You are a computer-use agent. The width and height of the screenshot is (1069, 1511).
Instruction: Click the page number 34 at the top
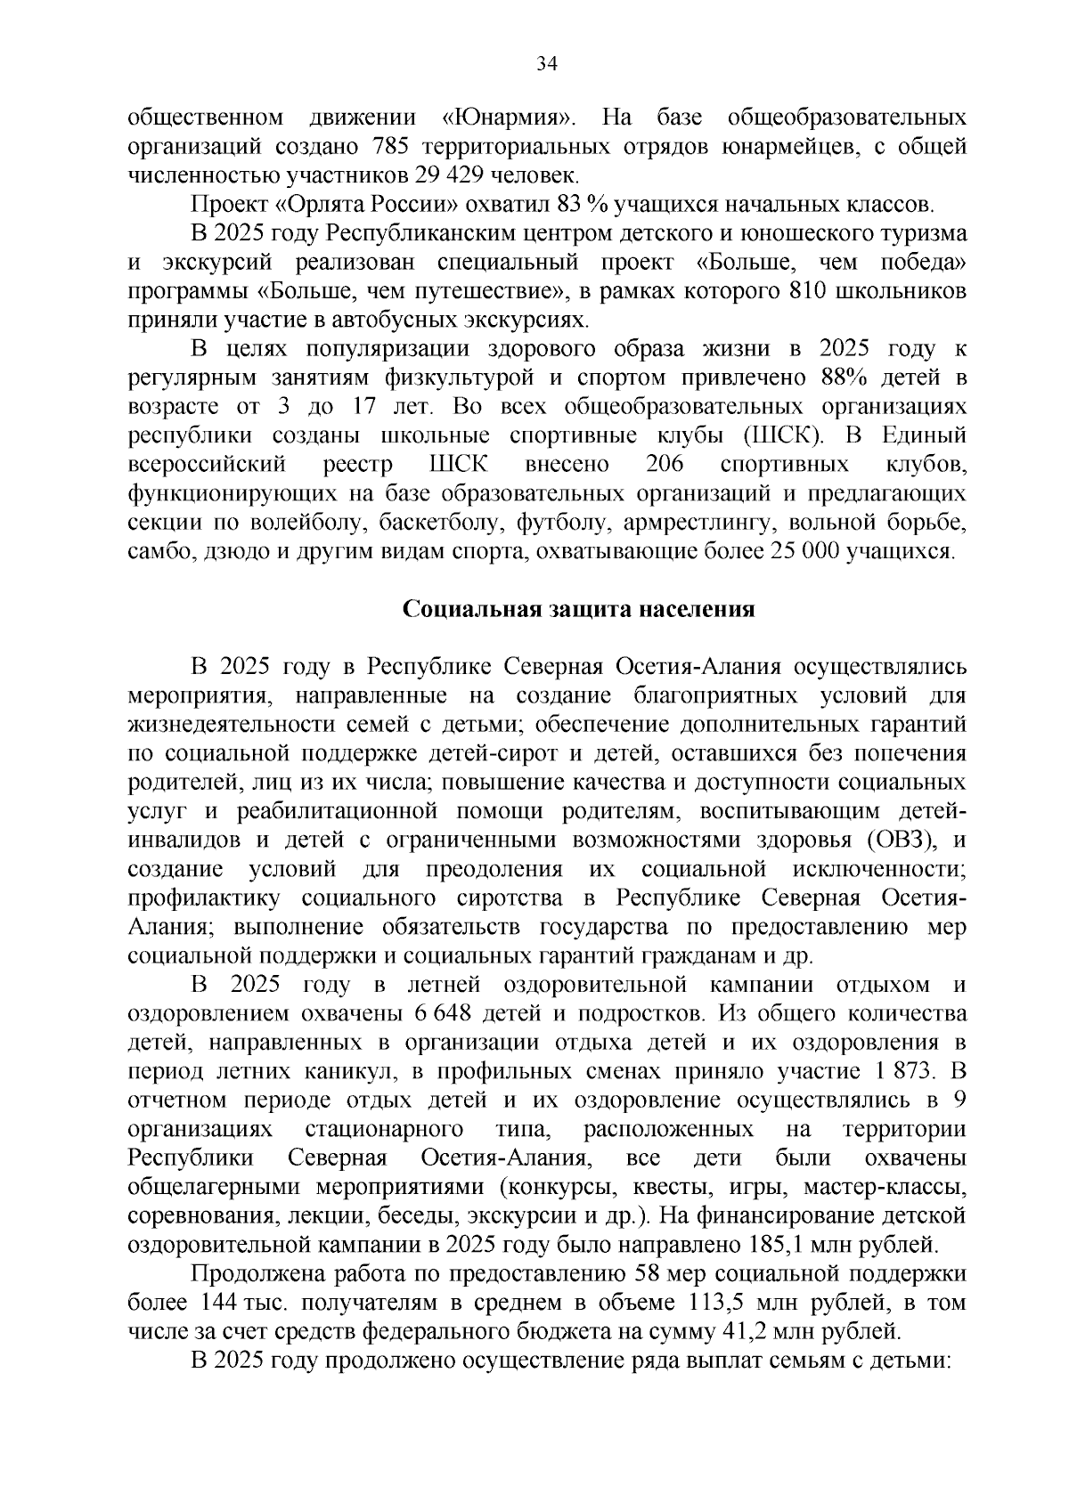tap(546, 62)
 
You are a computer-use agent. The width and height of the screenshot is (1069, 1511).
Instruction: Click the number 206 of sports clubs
tap(665, 465)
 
